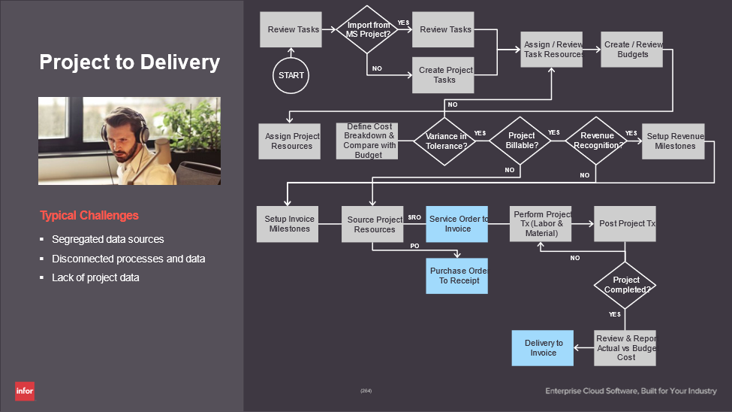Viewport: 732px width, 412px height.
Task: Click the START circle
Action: pos(291,75)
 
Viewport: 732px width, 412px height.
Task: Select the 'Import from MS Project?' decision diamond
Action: pos(368,30)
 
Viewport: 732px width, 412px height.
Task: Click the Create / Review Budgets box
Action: pos(631,49)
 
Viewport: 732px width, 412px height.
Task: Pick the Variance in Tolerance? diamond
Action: pos(445,141)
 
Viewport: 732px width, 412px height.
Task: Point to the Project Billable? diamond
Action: pos(521,141)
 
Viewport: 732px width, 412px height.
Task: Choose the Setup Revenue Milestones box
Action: pos(673,141)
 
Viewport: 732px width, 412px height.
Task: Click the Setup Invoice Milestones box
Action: pos(288,224)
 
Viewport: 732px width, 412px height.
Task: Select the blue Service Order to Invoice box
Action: pos(457,224)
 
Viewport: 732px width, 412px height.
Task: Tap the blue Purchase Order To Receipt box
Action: pos(457,275)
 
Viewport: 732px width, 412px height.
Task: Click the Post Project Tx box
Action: pos(625,224)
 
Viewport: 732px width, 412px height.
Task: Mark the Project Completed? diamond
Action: pos(625,284)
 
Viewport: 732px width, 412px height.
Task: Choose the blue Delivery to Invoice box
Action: pos(543,348)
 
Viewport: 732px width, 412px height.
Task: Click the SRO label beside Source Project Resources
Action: pos(414,217)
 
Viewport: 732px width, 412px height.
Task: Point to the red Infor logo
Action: pos(25,391)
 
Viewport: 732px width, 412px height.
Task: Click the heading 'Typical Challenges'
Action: pos(89,216)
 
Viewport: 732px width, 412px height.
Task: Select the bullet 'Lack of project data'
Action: pos(95,277)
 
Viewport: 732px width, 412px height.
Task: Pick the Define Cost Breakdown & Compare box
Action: pos(367,141)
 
